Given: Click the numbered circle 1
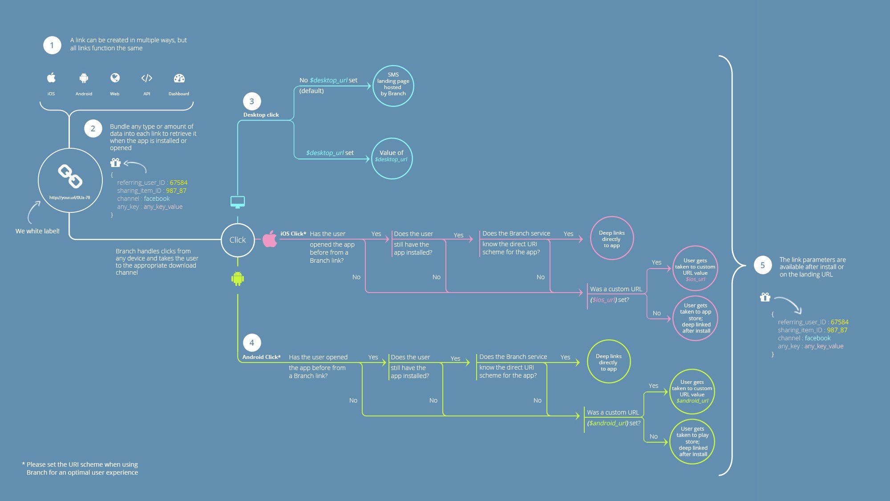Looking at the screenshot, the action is click(52, 45).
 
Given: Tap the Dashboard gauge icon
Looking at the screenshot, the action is click(179, 78).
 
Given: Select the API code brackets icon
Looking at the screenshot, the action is click(147, 78).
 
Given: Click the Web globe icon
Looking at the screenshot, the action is click(115, 78).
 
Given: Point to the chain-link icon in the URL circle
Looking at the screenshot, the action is click(70, 176).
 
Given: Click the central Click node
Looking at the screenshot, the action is click(238, 240).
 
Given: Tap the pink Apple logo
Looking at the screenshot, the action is click(270, 239).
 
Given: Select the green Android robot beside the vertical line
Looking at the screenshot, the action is click(238, 279).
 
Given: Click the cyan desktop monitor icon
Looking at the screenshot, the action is click(238, 202).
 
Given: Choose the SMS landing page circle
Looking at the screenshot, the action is click(393, 86).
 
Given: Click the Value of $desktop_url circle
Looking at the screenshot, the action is click(392, 159).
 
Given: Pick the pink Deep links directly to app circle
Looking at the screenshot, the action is click(612, 238).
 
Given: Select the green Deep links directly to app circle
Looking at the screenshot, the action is click(609, 362).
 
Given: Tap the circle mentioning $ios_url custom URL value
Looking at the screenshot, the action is click(695, 269).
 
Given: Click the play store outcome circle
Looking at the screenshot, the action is click(692, 441).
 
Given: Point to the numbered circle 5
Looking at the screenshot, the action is click(763, 265).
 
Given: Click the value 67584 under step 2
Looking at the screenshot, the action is click(178, 183).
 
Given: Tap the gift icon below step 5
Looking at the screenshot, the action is click(765, 297).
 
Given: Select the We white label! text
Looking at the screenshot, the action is click(37, 231).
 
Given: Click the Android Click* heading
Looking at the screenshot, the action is click(261, 357).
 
